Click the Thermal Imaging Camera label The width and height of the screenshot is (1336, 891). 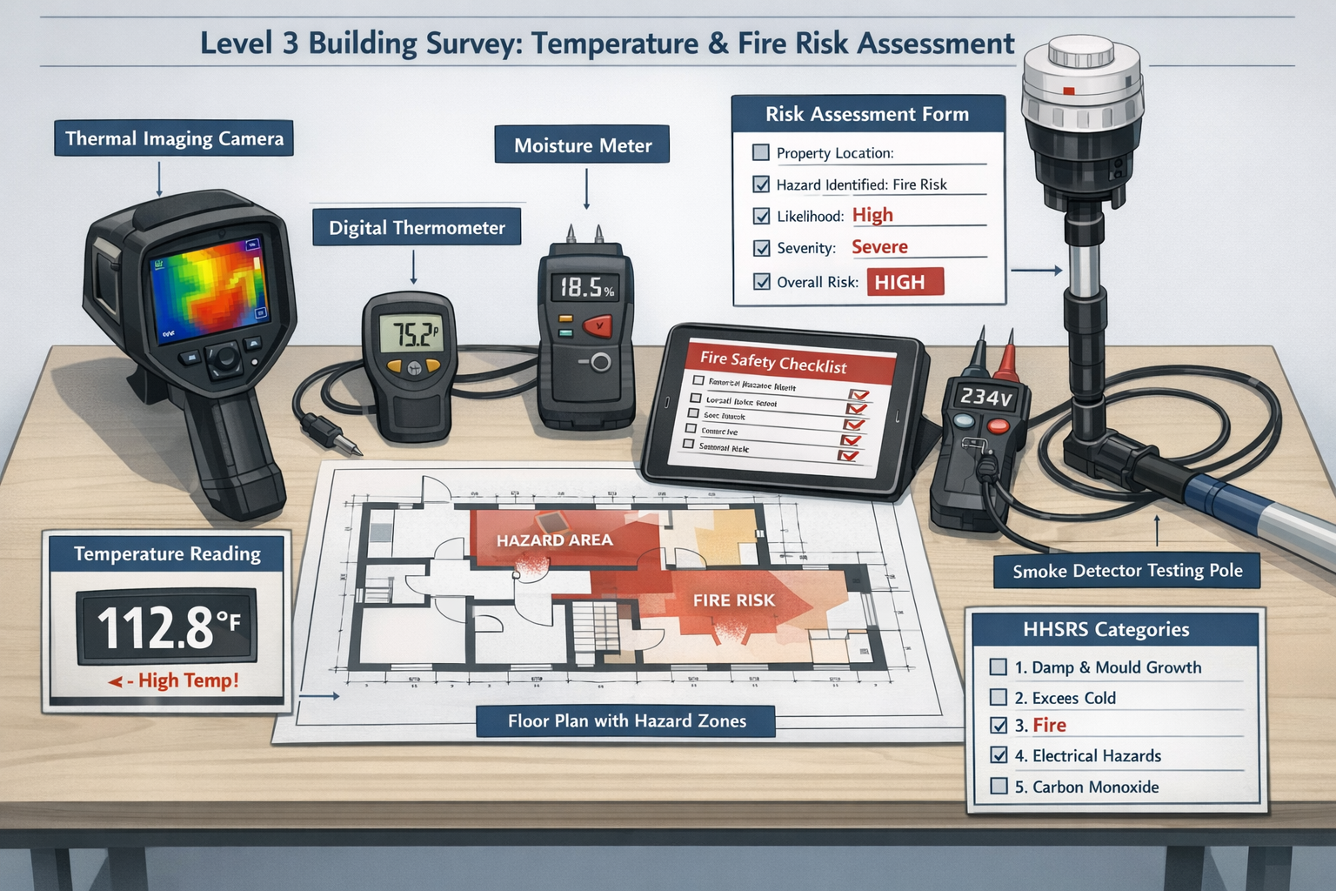(x=174, y=139)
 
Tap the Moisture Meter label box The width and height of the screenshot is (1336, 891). (x=583, y=145)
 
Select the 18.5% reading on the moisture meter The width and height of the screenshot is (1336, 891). (x=585, y=288)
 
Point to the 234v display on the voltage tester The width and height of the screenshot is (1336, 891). (x=985, y=398)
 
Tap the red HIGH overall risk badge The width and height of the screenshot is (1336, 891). (x=904, y=282)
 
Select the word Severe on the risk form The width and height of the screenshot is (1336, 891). (x=879, y=247)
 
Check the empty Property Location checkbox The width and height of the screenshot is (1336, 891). (x=761, y=153)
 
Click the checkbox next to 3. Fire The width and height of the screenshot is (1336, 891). (x=999, y=725)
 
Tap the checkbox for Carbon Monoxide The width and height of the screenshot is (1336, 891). (x=999, y=787)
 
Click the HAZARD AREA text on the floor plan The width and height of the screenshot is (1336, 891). (x=555, y=540)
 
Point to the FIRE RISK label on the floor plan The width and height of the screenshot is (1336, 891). (x=733, y=600)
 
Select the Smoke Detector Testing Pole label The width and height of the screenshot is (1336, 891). (x=1127, y=571)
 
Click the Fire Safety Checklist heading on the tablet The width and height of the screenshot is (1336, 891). (x=773, y=360)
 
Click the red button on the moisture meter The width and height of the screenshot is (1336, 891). (x=597, y=326)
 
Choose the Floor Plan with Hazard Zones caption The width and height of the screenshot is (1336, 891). (x=626, y=720)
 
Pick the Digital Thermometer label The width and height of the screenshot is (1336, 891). (x=417, y=228)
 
